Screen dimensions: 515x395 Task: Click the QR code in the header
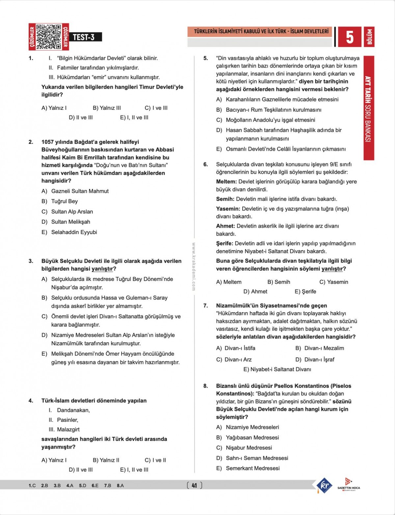click(48, 36)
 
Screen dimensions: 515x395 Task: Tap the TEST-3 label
click(84, 37)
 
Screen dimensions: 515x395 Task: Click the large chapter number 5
click(349, 37)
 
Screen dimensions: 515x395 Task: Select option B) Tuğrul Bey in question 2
click(60, 201)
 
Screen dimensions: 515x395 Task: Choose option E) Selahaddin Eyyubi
click(69, 232)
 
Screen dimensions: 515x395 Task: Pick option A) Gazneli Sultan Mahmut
click(75, 191)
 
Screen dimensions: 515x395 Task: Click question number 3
click(31, 261)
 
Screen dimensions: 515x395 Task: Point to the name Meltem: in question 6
click(226, 181)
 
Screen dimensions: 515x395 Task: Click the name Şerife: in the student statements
click(224, 243)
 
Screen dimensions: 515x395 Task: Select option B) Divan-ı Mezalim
click(319, 348)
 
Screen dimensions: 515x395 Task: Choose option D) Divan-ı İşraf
click(315, 360)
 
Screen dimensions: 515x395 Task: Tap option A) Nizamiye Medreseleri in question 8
click(248, 427)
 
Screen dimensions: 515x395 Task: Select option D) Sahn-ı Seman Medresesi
click(252, 458)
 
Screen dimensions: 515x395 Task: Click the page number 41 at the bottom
click(194, 485)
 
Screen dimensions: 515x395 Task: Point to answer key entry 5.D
click(83, 485)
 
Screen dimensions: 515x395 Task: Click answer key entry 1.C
click(32, 485)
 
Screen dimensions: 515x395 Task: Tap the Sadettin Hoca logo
click(349, 484)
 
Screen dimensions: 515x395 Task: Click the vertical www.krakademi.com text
click(194, 267)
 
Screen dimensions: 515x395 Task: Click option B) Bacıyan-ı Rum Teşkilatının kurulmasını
click(269, 110)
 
